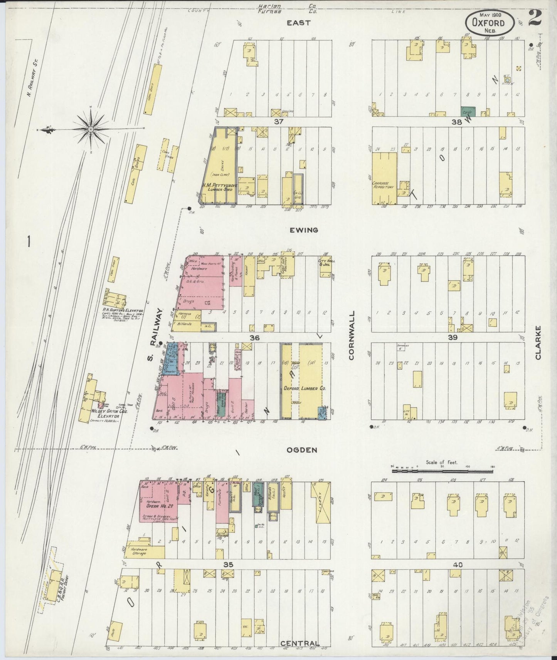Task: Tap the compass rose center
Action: point(90,129)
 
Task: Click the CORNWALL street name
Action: point(351,336)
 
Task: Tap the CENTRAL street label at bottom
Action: point(300,643)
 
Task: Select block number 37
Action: point(279,122)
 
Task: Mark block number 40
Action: point(458,565)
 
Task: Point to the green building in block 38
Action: point(468,112)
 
